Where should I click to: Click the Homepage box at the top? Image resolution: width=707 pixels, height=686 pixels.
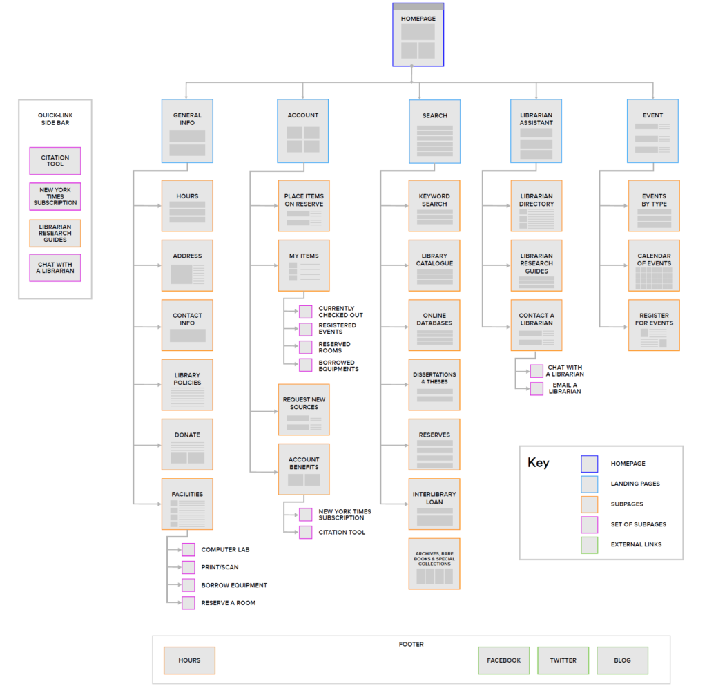coord(418,35)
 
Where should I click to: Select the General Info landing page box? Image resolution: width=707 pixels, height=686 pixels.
coord(187,131)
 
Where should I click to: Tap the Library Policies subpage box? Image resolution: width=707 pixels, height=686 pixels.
coord(187,385)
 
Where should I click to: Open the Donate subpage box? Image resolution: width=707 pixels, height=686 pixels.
coord(187,444)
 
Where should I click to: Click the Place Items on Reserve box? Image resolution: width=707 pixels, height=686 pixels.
coord(304,206)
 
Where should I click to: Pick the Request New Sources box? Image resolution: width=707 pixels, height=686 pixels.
coord(304,410)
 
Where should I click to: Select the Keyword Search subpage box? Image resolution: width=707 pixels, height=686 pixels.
coord(434,206)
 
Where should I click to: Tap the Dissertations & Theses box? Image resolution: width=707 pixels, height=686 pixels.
coord(434,385)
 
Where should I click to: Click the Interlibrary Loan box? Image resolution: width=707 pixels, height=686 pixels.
coord(434,504)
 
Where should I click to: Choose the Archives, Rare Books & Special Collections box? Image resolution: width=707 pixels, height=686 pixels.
coord(434,564)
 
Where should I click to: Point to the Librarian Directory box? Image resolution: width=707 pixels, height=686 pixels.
coord(536,206)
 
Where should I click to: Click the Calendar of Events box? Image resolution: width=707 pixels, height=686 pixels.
coord(654,265)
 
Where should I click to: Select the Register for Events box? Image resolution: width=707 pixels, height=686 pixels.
coord(654,325)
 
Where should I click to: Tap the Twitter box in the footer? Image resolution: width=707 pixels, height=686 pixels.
coord(563,660)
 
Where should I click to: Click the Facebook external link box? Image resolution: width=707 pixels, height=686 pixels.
coord(503,660)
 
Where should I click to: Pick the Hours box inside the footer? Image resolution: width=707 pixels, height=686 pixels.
coord(189,660)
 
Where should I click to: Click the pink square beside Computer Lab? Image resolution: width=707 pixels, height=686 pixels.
coord(188,550)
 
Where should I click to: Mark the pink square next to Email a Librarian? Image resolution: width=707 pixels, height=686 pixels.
coord(536,389)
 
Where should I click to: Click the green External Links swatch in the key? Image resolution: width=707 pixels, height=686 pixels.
coord(590,545)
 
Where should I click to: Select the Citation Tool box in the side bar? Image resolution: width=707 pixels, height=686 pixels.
coord(55,161)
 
